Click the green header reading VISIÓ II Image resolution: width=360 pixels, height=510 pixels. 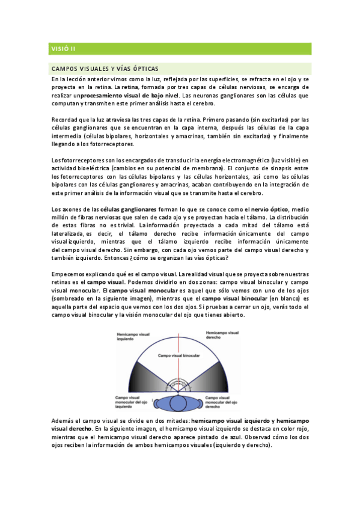click(x=63, y=48)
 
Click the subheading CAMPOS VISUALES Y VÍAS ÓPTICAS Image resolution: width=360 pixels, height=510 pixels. click(x=105, y=68)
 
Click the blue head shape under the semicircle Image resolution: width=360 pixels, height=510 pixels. click(x=180, y=402)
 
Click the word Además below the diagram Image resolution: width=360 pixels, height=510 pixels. click(x=64, y=420)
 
